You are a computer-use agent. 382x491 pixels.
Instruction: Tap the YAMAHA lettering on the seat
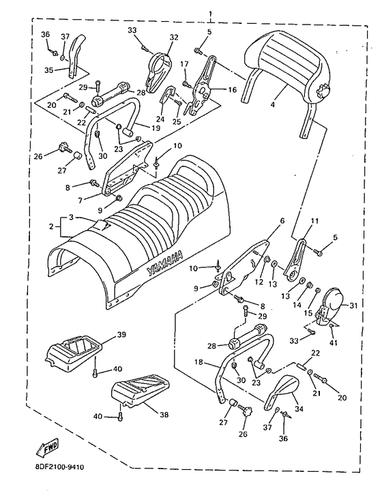tap(164, 262)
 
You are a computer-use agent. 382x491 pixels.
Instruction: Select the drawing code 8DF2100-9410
tap(59, 468)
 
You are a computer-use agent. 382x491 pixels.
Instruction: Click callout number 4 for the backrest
tap(272, 105)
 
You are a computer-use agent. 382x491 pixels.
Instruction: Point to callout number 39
tap(122, 335)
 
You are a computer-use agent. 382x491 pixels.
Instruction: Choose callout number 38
tap(164, 415)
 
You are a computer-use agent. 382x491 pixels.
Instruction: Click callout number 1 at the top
tap(210, 14)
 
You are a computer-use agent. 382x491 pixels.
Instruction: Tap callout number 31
tap(353, 306)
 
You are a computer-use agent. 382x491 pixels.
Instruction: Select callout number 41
tap(334, 343)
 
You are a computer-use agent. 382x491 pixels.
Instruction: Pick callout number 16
tap(232, 90)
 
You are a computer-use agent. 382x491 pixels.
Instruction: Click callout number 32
tap(174, 38)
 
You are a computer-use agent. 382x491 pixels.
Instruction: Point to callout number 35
tap(48, 70)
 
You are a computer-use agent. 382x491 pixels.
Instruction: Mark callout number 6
tap(282, 221)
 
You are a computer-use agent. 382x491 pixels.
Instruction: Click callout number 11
tap(314, 222)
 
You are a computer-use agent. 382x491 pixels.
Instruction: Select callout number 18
tap(199, 363)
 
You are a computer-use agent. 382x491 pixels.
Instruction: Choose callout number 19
tap(156, 128)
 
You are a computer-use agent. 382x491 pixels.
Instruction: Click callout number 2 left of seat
tap(51, 226)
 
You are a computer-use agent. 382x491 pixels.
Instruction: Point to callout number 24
tap(160, 119)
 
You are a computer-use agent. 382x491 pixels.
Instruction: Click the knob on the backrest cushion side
tap(322, 91)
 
